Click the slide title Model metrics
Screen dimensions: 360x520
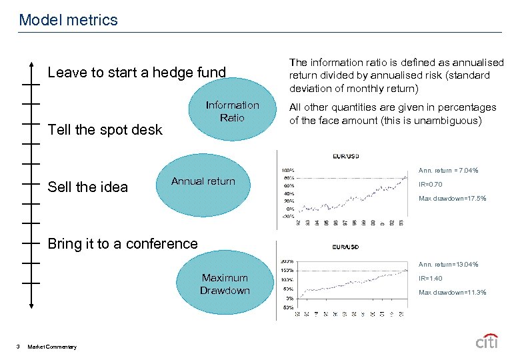point(68,20)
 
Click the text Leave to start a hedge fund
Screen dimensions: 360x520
point(137,72)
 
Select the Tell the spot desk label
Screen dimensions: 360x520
point(105,130)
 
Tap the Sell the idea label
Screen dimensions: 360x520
point(87,187)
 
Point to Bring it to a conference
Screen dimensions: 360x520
point(123,244)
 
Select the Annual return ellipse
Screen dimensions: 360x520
point(203,182)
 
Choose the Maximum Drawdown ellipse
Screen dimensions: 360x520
point(225,284)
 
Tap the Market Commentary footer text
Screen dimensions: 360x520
point(52,346)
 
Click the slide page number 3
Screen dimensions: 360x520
point(17,346)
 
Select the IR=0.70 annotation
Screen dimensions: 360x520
point(429,185)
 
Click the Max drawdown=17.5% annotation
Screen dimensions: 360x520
point(452,199)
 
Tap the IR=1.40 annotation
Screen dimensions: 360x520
point(429,279)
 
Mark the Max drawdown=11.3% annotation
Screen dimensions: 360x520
point(452,293)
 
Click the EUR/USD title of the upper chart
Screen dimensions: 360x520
point(346,157)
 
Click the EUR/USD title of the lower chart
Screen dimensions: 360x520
point(346,247)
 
